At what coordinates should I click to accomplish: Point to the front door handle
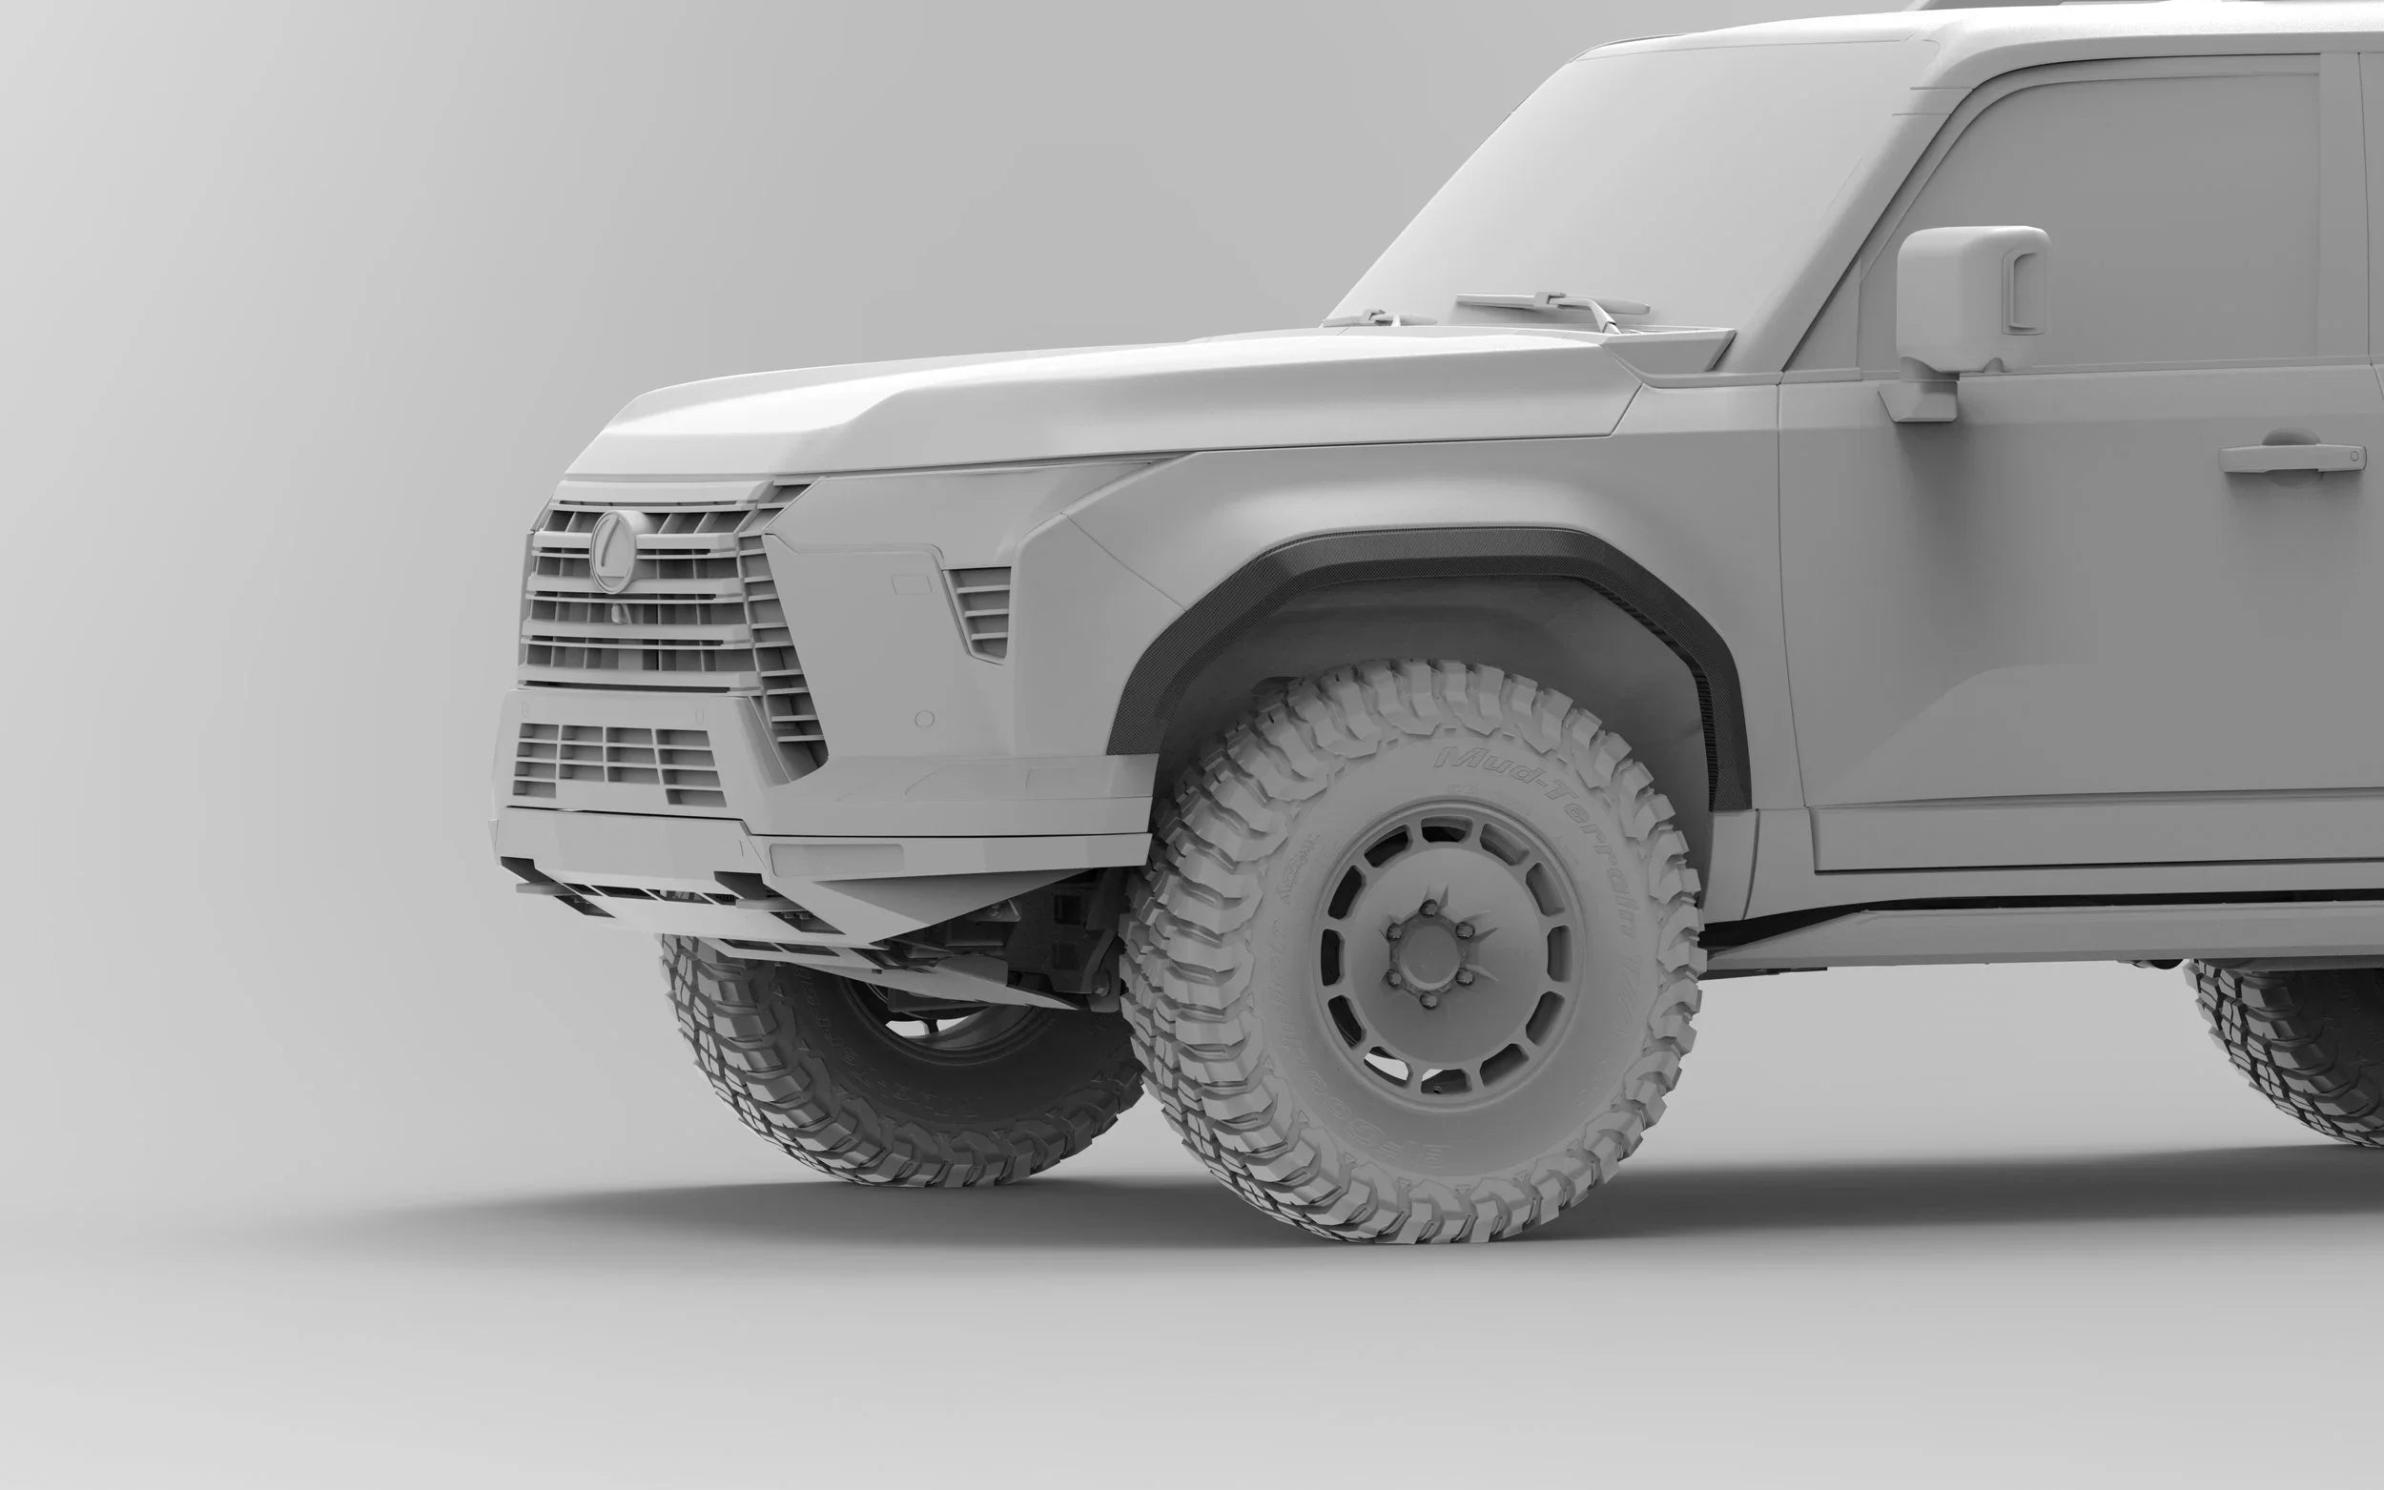2291,458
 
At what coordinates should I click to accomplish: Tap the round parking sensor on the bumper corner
923,718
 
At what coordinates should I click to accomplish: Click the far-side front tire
887,1064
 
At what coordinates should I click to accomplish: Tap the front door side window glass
2119,197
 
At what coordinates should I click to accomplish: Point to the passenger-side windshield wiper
1380,317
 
